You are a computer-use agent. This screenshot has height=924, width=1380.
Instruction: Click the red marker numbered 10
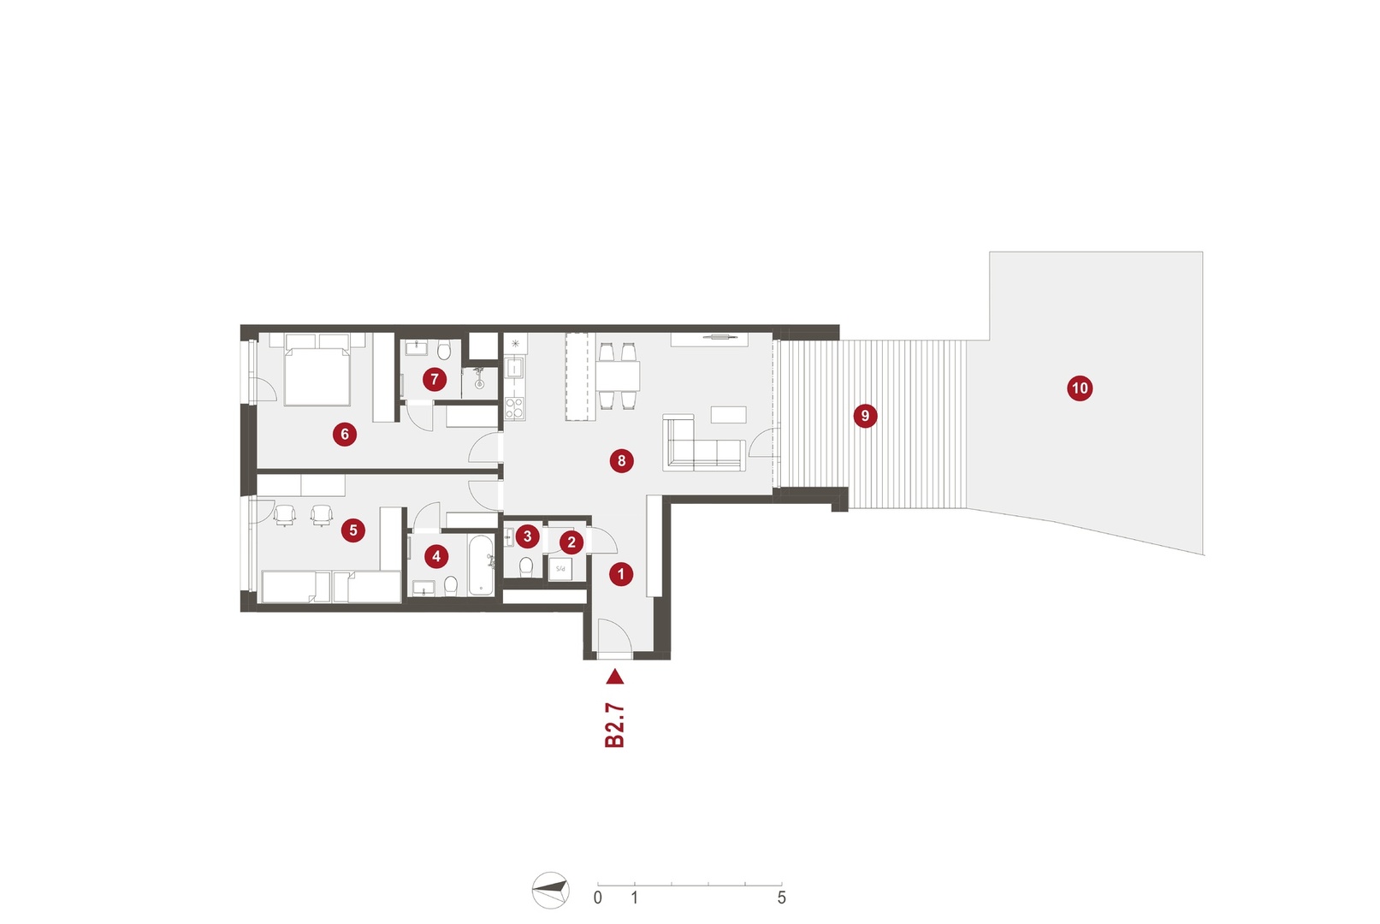tap(1080, 388)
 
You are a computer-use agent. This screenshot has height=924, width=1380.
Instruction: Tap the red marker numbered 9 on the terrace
tap(865, 416)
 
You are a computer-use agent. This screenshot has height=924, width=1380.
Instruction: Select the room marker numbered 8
tap(621, 460)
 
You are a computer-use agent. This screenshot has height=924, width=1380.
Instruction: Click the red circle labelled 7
tap(435, 380)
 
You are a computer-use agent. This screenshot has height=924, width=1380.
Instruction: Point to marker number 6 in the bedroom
tap(345, 435)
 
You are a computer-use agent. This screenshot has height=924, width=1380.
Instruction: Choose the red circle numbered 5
tap(353, 530)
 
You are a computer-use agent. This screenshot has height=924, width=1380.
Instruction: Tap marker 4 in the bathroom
tap(436, 557)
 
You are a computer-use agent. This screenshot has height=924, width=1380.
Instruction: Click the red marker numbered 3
tap(527, 536)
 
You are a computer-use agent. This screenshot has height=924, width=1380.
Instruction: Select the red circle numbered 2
tap(572, 542)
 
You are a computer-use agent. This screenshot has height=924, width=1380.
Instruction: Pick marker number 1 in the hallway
tap(621, 574)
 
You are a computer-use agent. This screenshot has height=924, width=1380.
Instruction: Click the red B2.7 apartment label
tap(615, 726)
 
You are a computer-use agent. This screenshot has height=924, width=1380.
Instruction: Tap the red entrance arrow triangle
tap(615, 677)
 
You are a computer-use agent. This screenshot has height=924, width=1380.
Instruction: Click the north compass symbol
tap(550, 890)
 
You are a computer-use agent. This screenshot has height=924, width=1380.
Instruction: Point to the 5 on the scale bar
tap(781, 897)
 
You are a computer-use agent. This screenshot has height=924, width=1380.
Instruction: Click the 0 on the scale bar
tap(597, 897)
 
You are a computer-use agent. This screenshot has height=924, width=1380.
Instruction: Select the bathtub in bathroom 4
tap(481, 566)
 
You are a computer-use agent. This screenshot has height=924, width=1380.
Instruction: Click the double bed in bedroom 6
tap(317, 370)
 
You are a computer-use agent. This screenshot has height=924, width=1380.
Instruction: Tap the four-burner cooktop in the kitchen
tap(514, 408)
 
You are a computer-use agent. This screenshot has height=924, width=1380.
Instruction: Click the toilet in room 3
tap(525, 566)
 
